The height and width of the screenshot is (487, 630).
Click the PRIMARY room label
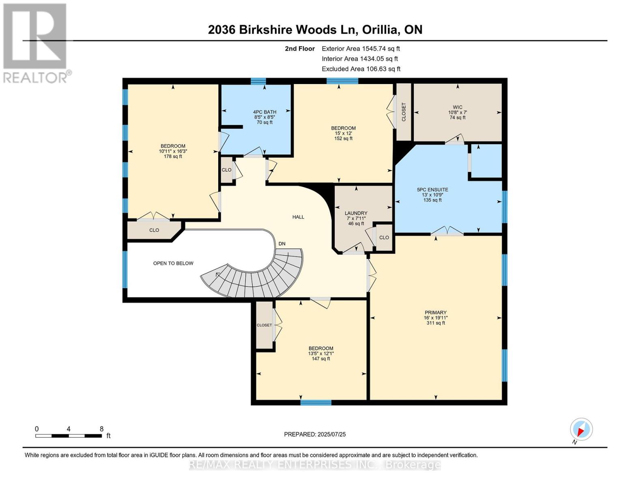coord(435,312)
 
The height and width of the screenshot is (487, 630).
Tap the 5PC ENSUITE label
coord(432,190)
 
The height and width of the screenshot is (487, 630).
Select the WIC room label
coord(457,107)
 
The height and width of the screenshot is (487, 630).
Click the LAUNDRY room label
coord(356,213)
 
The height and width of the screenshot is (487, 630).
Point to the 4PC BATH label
coord(264,112)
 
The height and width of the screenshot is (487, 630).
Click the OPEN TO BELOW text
coord(173,263)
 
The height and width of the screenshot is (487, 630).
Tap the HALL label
coord(298,217)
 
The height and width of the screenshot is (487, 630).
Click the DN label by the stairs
coord(282,244)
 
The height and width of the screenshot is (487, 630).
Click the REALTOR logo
coord(35,43)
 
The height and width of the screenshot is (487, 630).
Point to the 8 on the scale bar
coord(101,429)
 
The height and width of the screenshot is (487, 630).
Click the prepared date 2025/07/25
coord(315,434)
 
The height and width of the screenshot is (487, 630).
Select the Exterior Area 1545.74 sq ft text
coord(361,49)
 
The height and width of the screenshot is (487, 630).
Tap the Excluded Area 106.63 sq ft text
coord(361,69)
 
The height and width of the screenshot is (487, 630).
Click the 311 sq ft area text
coord(435,323)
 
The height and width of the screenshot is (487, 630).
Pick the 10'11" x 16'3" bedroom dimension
coord(173,151)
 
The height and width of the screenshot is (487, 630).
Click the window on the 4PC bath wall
coord(258,81)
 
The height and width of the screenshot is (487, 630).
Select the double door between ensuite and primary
coord(447,232)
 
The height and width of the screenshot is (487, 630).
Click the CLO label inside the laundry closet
coord(384,238)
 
